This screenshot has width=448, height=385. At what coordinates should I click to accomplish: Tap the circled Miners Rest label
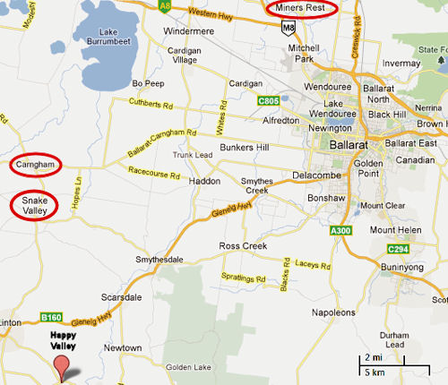(302, 9)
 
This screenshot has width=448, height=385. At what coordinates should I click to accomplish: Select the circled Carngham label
(34, 166)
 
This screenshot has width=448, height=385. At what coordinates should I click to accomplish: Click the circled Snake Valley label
(34, 205)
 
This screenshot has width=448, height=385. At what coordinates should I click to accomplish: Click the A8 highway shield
(164, 5)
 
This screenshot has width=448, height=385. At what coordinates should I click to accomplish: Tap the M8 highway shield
(287, 29)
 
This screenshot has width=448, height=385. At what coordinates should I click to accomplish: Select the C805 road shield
(268, 101)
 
